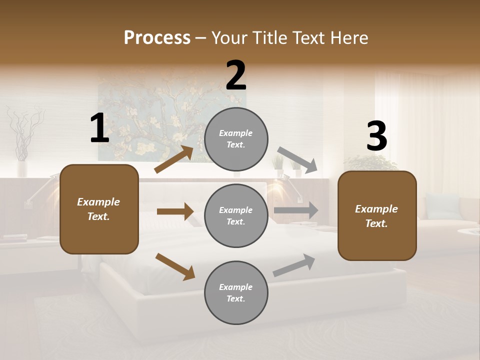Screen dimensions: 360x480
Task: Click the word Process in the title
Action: (157, 38)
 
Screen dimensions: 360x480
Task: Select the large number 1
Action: (99, 128)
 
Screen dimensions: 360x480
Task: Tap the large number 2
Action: (236, 75)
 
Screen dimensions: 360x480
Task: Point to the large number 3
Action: (376, 136)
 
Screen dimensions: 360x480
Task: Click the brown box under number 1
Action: (99, 209)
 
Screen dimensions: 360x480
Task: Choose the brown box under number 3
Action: (377, 216)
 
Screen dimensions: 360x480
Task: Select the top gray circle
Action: (236, 139)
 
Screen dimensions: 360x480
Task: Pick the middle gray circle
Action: (236, 216)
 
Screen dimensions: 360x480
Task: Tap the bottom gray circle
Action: (236, 293)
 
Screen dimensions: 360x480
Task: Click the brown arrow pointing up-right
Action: (174, 159)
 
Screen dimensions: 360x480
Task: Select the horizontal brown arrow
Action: (175, 211)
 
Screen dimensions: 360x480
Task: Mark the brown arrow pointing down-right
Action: (175, 266)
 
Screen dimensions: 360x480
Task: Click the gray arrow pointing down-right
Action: (297, 159)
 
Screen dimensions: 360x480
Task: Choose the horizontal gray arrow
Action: (296, 210)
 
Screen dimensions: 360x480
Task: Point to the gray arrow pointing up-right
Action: (294, 265)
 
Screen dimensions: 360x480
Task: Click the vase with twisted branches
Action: (22, 145)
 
